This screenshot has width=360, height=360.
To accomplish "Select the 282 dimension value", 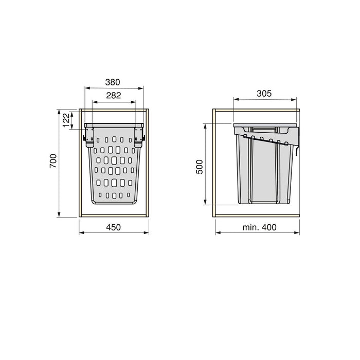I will point(114,96).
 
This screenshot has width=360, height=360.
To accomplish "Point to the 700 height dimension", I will point(53,163).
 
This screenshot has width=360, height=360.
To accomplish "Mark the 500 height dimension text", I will point(201,168).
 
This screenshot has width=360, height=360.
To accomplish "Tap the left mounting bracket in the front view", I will point(89,137).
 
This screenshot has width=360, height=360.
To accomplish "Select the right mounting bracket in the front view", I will point(138,137).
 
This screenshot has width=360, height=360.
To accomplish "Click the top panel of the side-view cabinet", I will point(257,111).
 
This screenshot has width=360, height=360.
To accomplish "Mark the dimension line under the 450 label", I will point(115,233).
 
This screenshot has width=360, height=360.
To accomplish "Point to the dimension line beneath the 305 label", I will point(264,100).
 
